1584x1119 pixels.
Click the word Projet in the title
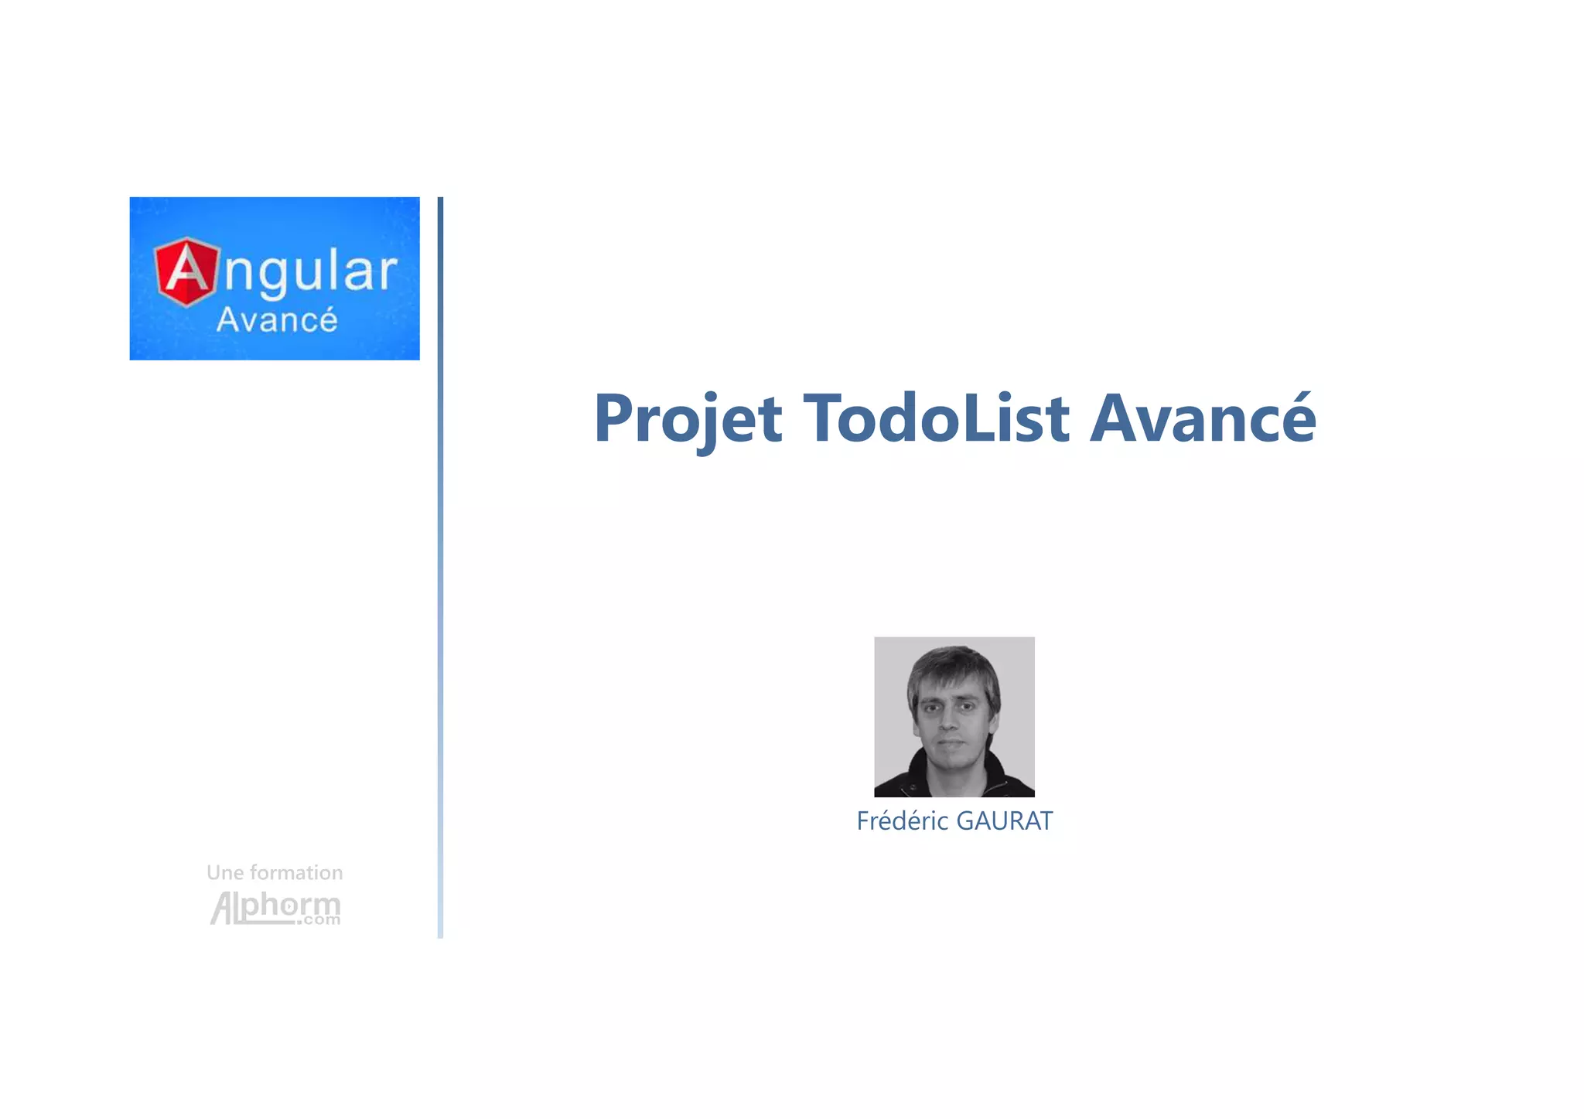[x=688, y=420]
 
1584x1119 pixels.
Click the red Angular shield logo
[x=186, y=271]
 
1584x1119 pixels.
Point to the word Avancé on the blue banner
[x=277, y=320]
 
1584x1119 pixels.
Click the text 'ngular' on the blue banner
[x=310, y=273]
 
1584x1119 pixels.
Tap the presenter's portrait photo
[x=954, y=717]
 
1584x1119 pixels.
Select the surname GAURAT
[x=1004, y=821]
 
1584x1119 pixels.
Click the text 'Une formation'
[x=275, y=873]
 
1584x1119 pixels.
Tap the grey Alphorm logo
[x=275, y=907]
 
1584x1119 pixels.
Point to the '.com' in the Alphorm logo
[x=321, y=920]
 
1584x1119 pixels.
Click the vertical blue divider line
[x=440, y=568]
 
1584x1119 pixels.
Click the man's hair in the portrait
[x=953, y=665]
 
